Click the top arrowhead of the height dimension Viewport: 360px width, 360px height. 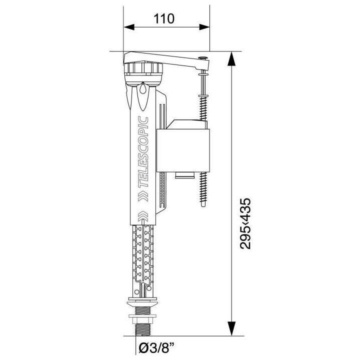[x=231, y=58]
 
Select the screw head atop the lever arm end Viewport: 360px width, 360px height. [x=202, y=58]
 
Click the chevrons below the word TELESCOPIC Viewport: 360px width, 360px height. [x=144, y=193]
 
